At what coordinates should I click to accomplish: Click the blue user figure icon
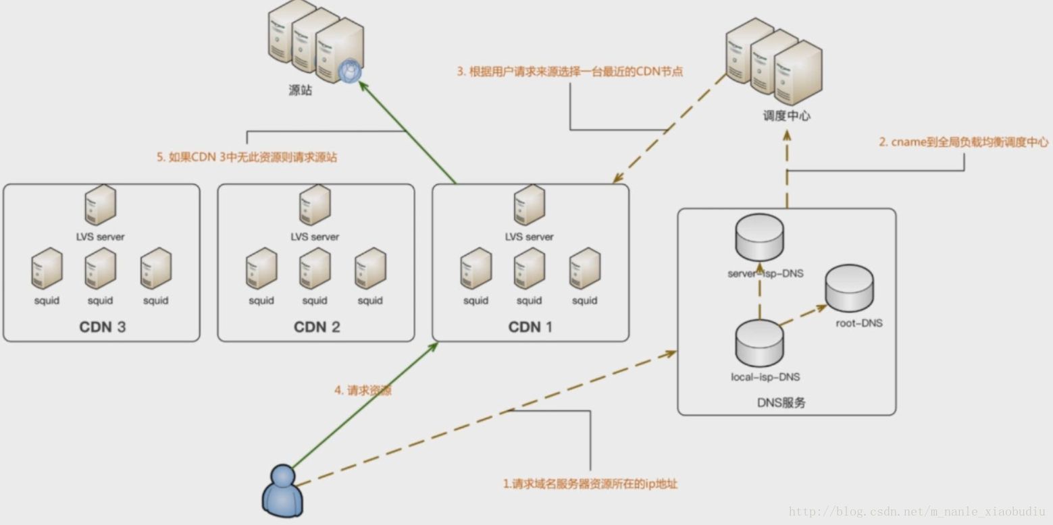[x=282, y=491]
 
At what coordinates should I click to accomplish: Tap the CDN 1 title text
[x=530, y=327]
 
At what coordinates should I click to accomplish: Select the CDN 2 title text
[x=316, y=327]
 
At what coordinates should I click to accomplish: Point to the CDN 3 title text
[x=102, y=327]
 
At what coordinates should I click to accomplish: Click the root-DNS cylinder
[x=850, y=288]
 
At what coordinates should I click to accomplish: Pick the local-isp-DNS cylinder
[x=759, y=343]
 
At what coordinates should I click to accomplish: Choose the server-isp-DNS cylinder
[x=759, y=237]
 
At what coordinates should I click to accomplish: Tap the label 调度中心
[x=786, y=115]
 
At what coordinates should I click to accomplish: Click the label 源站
[x=301, y=90]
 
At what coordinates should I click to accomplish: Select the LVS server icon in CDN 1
[x=530, y=205]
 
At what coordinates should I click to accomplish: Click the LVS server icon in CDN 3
[x=100, y=205]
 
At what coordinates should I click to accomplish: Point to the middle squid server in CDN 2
[x=315, y=268]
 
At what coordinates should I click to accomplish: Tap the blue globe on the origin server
[x=350, y=71]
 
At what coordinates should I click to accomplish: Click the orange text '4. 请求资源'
[x=363, y=390]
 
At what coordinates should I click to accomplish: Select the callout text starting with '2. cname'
[x=964, y=142]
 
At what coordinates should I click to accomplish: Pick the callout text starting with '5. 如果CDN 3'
[x=247, y=157]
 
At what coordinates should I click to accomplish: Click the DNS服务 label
[x=781, y=402]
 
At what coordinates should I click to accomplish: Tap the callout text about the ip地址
[x=590, y=484]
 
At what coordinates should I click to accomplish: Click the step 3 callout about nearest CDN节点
[x=570, y=72]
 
